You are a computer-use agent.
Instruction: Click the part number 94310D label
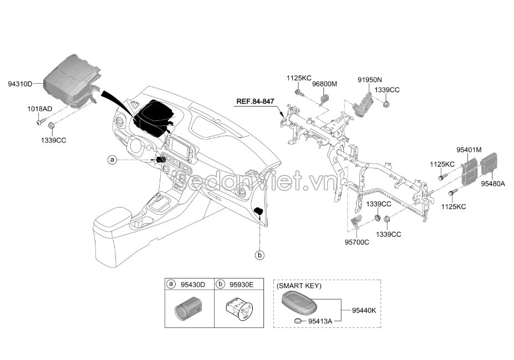(x=21, y=84)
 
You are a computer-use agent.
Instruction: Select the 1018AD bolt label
(x=39, y=109)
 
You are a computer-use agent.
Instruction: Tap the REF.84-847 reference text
(x=255, y=102)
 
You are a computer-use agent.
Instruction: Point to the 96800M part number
(x=324, y=84)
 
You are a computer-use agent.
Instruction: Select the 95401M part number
(x=469, y=150)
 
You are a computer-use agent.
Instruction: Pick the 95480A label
(x=493, y=182)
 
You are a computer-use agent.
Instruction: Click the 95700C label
(x=357, y=242)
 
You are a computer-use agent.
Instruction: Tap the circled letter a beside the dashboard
(x=112, y=160)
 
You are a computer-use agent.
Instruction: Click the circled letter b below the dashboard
(x=259, y=255)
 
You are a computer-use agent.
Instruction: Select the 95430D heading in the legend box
(x=192, y=285)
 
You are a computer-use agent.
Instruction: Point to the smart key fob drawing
(x=300, y=303)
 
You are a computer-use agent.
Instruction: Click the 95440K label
(x=364, y=310)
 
